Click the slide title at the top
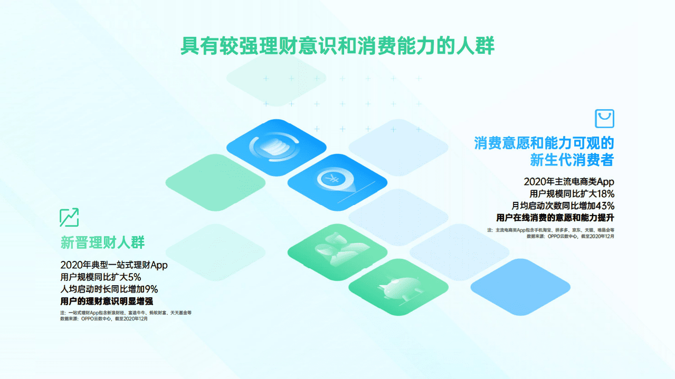pos(337,45)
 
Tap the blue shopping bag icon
pos(604,119)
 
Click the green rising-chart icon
pos(69,217)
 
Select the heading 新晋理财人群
pos(102,242)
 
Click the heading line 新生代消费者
pos(572,159)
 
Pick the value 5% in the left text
pos(134,277)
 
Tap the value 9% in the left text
pos(151,289)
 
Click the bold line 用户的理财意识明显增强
pos(107,301)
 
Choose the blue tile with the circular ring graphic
pos(276,147)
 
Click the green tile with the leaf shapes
pos(337,251)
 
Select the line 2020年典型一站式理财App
pos(114,265)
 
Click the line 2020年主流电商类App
pos(569,181)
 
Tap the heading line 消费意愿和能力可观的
pos(544,143)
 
